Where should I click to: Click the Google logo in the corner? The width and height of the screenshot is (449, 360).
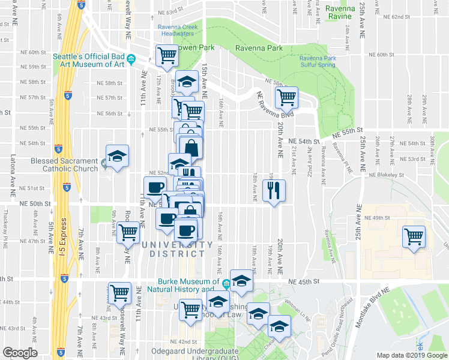pyautogui.click(x=20, y=353)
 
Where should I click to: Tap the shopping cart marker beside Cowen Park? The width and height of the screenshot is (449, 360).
pyautogui.click(x=167, y=56)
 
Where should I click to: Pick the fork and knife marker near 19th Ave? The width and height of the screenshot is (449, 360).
pyautogui.click(x=274, y=191)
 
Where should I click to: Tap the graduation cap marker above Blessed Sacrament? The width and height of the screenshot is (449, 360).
pyautogui.click(x=117, y=156)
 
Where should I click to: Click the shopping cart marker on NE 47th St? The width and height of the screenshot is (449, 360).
pyautogui.click(x=128, y=232)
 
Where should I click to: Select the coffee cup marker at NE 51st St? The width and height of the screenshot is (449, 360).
pyautogui.click(x=155, y=186)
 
